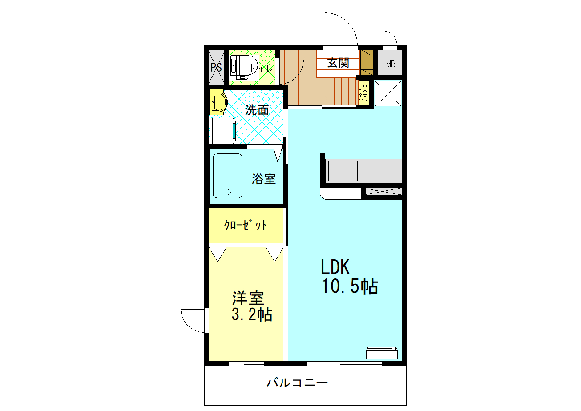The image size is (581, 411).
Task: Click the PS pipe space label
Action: tap(216, 68)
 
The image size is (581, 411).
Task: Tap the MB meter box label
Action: tap(390, 64)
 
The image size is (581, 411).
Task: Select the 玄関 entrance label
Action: tap(338, 63)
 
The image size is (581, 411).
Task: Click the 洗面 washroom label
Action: tap(257, 110)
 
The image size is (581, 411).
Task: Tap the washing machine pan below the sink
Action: tap(222, 130)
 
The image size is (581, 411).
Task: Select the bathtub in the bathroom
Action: tap(228, 176)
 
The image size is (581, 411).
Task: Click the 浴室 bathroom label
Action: tap(264, 179)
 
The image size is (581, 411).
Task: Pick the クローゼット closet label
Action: tap(246, 226)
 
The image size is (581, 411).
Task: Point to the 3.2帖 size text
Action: tap(252, 315)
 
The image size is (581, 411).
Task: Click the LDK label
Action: tap(336, 267)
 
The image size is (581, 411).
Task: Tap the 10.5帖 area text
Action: tap(350, 287)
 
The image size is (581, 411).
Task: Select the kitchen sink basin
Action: tap(343, 171)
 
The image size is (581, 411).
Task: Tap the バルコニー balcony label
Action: tap(298, 382)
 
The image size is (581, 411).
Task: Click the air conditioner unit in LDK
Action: tap(382, 352)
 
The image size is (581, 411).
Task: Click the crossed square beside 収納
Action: tap(388, 94)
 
